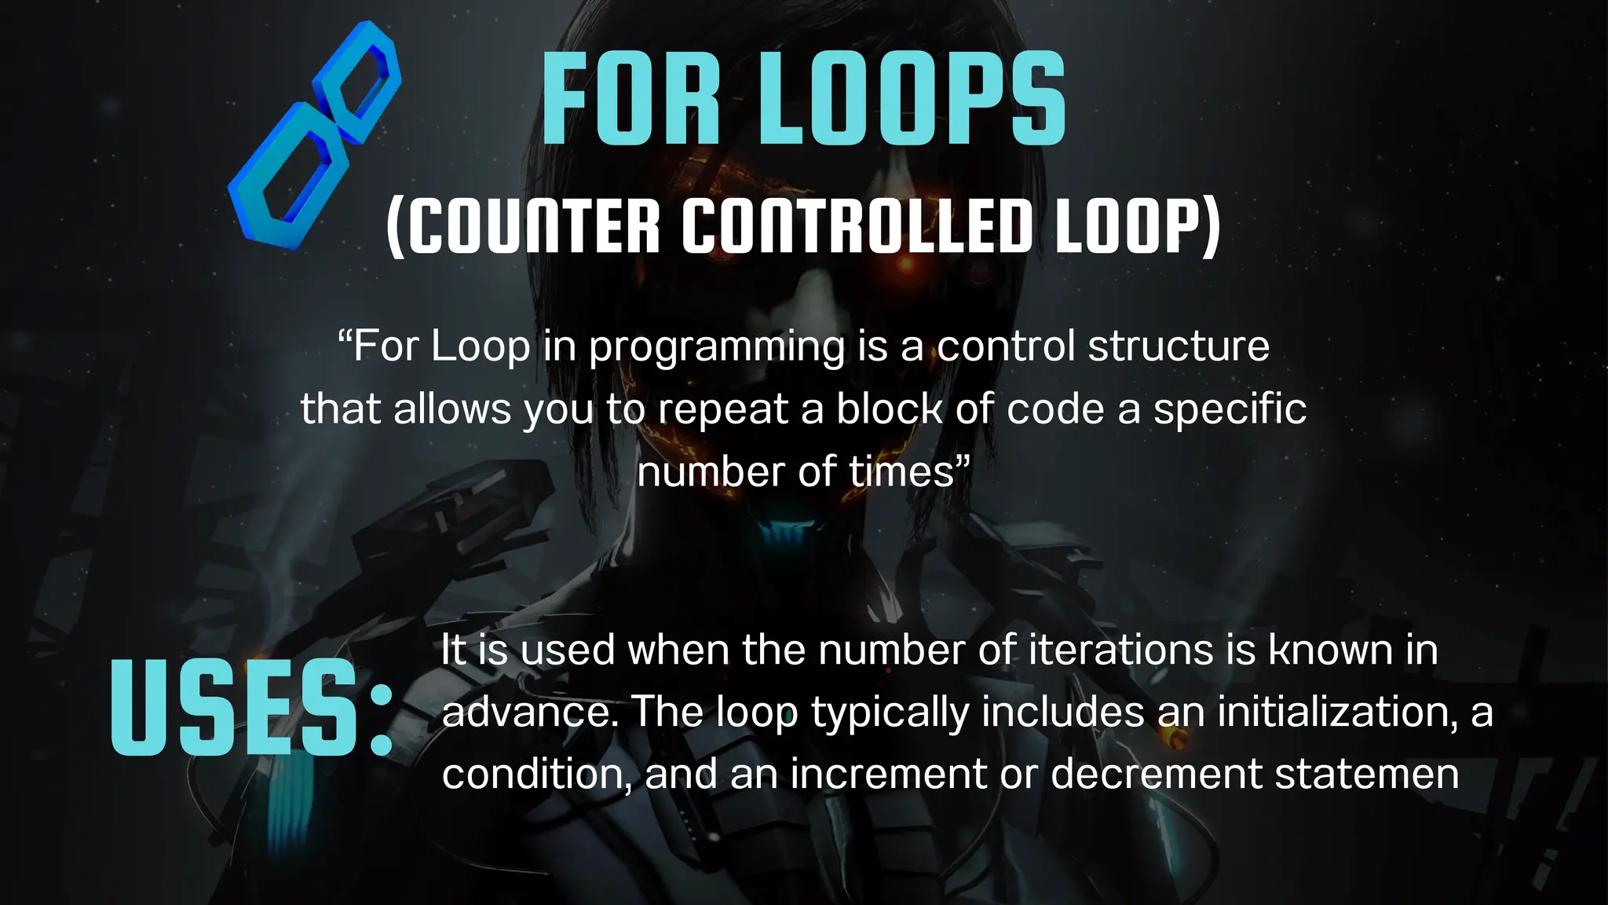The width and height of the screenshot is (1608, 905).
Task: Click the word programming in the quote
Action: [x=717, y=348]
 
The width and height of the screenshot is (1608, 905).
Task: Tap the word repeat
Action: [x=723, y=410]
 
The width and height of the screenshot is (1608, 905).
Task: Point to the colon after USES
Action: [x=381, y=719]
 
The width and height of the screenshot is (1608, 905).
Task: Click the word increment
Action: [x=888, y=775]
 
